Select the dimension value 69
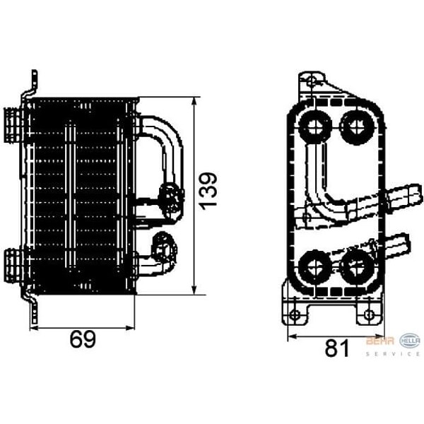tap(83, 339)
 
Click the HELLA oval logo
tap(410, 340)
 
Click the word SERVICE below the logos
tap(393, 353)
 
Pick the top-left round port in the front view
tap(314, 126)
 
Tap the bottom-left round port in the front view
tap(312, 266)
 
